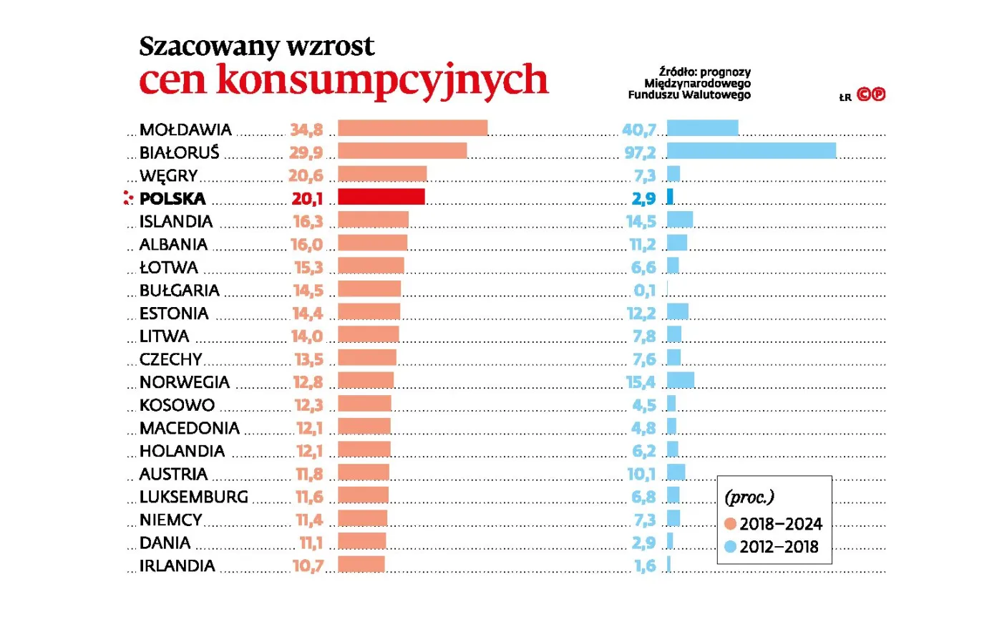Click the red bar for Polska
(x=381, y=196)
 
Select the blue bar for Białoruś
(x=751, y=150)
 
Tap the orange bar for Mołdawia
(x=412, y=127)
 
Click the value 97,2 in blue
(x=639, y=152)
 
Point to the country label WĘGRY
(x=168, y=175)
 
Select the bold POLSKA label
(x=172, y=198)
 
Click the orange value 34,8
(x=306, y=130)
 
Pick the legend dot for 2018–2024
(x=730, y=524)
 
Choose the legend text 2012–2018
(x=779, y=547)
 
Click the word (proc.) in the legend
(x=749, y=497)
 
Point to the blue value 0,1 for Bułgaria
(x=644, y=290)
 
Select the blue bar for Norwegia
(x=680, y=379)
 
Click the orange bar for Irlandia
(x=361, y=563)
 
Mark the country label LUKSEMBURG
(x=193, y=497)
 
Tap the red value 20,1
(x=307, y=198)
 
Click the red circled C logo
(x=864, y=94)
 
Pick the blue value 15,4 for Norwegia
(x=641, y=382)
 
